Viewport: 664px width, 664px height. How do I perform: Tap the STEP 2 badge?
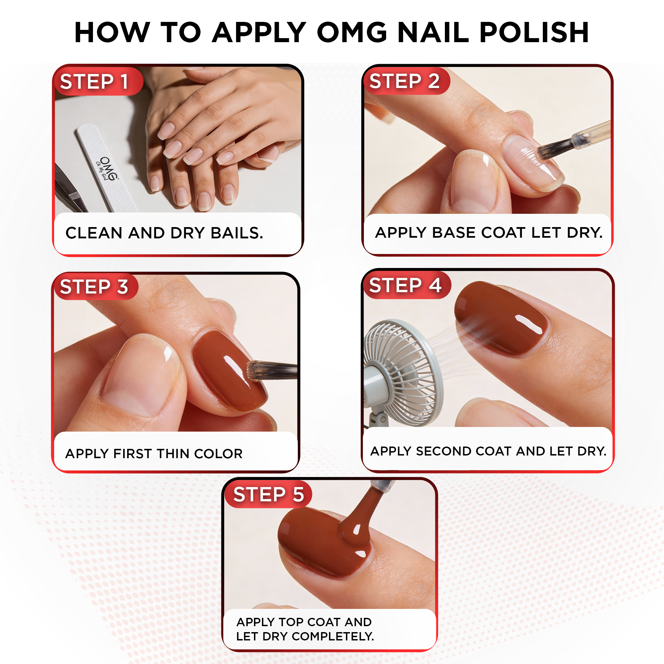[x=407, y=81]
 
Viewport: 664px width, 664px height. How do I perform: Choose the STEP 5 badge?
[x=268, y=494]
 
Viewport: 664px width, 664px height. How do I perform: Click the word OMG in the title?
[x=352, y=33]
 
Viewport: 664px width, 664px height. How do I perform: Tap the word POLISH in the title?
[x=534, y=33]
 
